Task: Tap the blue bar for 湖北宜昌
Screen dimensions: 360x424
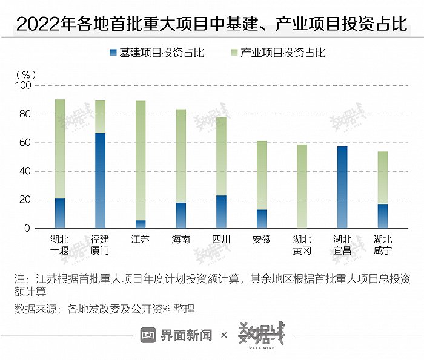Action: pos(342,187)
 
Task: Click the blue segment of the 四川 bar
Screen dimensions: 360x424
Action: pos(221,212)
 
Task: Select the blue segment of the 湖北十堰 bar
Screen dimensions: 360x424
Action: pos(60,213)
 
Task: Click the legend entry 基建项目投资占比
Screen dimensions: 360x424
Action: pos(157,53)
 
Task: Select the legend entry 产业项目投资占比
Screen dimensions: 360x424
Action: pos(278,53)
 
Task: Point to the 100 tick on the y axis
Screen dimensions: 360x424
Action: pos(22,86)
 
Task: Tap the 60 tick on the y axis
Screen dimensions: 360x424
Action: pos(25,143)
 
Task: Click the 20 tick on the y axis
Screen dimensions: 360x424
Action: pos(25,200)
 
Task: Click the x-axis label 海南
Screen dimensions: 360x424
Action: pos(181,239)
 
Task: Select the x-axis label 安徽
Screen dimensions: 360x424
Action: pos(262,239)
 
